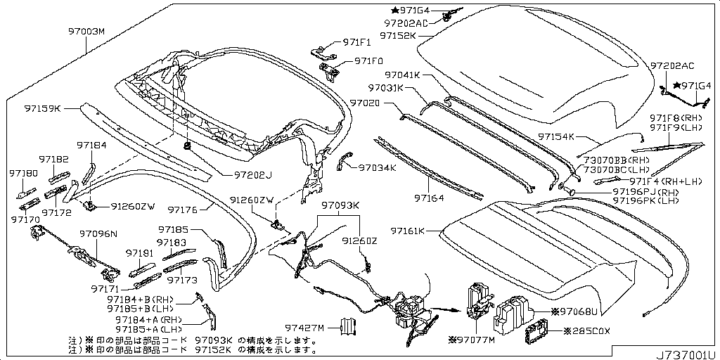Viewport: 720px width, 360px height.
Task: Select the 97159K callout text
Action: click(42, 109)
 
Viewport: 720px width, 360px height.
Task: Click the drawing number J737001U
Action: click(686, 352)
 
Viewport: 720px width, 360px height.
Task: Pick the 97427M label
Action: click(304, 328)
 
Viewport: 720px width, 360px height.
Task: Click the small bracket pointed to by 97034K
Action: click(344, 160)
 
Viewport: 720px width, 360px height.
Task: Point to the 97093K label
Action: click(341, 206)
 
